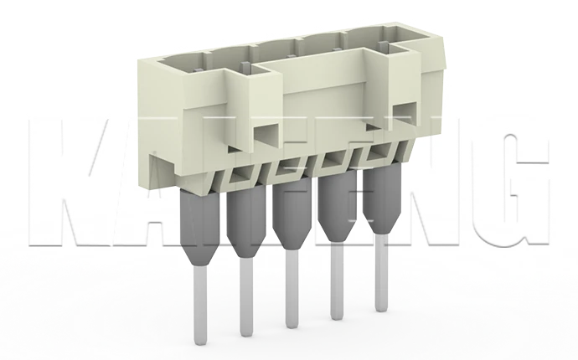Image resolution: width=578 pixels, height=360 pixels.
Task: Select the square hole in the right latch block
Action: pos(402,117)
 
